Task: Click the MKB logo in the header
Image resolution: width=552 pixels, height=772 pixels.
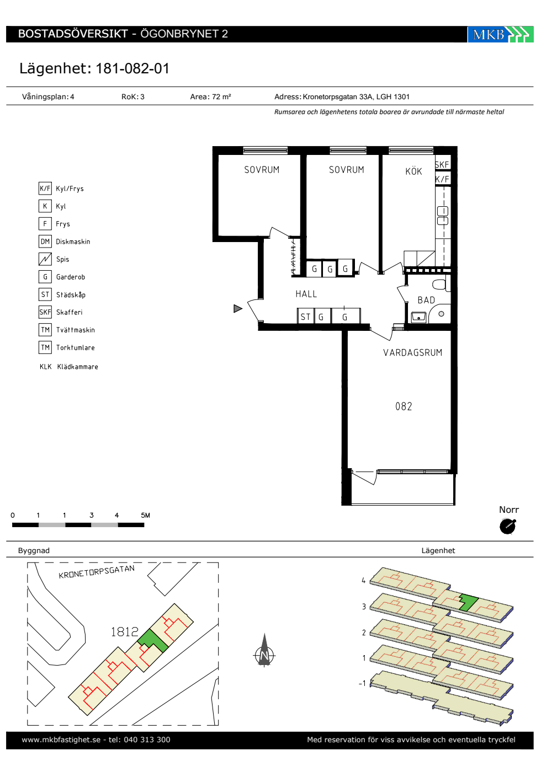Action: pyautogui.click(x=500, y=34)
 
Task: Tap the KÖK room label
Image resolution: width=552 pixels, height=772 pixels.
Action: pyautogui.click(x=413, y=171)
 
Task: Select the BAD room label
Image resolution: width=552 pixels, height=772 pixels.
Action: pyautogui.click(x=426, y=300)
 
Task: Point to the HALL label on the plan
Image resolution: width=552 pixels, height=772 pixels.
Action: pyautogui.click(x=306, y=294)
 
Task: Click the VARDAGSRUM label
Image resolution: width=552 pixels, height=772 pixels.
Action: pyautogui.click(x=413, y=352)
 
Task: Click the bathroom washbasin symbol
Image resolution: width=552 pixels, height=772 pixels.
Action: pyautogui.click(x=419, y=317)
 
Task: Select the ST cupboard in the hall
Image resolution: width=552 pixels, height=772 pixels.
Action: pyautogui.click(x=306, y=317)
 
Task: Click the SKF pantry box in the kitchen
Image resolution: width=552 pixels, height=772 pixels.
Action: pyautogui.click(x=442, y=164)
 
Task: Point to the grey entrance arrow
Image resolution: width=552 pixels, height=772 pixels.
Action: pyautogui.click(x=238, y=308)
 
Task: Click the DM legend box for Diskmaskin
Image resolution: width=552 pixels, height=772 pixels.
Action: pyautogui.click(x=45, y=242)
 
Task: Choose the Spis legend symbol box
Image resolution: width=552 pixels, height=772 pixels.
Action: pyautogui.click(x=45, y=259)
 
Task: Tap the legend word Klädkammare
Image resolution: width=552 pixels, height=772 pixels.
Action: pyautogui.click(x=78, y=367)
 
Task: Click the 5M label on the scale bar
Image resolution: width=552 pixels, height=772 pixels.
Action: pyautogui.click(x=145, y=515)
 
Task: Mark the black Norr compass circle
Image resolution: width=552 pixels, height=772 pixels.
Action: pyautogui.click(x=507, y=527)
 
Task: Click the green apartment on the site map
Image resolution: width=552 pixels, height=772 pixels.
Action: pyautogui.click(x=153, y=640)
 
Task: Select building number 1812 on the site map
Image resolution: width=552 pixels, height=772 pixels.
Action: pyautogui.click(x=125, y=632)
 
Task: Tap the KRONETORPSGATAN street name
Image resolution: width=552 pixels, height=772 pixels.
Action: pyautogui.click(x=97, y=572)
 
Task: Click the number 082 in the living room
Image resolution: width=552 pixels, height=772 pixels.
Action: pyautogui.click(x=404, y=406)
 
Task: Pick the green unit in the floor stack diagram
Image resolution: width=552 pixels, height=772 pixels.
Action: pyautogui.click(x=468, y=603)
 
